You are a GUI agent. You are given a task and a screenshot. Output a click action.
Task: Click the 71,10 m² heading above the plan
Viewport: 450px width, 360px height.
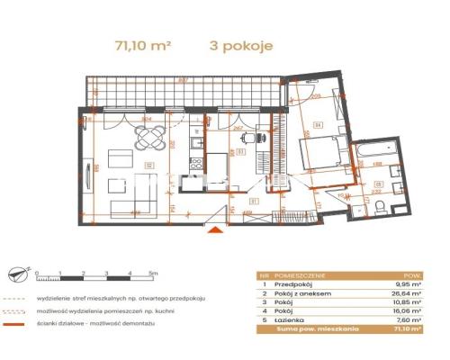[142, 42]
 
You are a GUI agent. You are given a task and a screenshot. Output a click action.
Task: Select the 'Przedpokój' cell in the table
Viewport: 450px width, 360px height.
[292, 284]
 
